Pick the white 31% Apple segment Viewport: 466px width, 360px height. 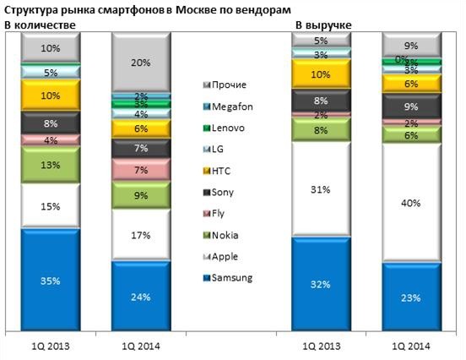[320, 188]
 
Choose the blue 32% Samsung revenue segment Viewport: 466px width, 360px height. [320, 283]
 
